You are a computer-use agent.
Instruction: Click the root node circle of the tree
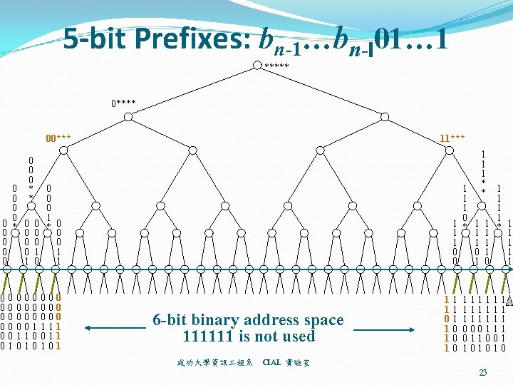(258, 65)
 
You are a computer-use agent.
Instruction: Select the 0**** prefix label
(123, 104)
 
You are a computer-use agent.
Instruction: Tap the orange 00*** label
(58, 138)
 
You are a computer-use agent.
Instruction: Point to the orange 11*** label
(452, 138)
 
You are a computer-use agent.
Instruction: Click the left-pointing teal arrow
(114, 328)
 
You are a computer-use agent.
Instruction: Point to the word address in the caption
(274, 320)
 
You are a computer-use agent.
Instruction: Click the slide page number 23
(482, 373)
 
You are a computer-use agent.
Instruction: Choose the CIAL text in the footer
(271, 362)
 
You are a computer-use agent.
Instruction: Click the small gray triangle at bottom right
(508, 301)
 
